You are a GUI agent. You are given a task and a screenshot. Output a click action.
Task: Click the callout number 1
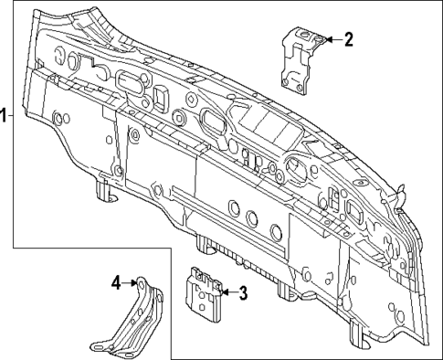click(4, 115)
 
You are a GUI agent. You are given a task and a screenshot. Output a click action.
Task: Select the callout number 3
click(243, 292)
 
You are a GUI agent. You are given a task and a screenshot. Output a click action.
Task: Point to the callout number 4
click(116, 283)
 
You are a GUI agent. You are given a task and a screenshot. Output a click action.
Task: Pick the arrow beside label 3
click(225, 291)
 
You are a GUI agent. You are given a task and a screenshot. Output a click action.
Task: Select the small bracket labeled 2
click(300, 58)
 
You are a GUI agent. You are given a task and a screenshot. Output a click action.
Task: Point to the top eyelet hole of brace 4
click(143, 283)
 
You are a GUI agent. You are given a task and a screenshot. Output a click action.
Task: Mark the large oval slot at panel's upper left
click(129, 82)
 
